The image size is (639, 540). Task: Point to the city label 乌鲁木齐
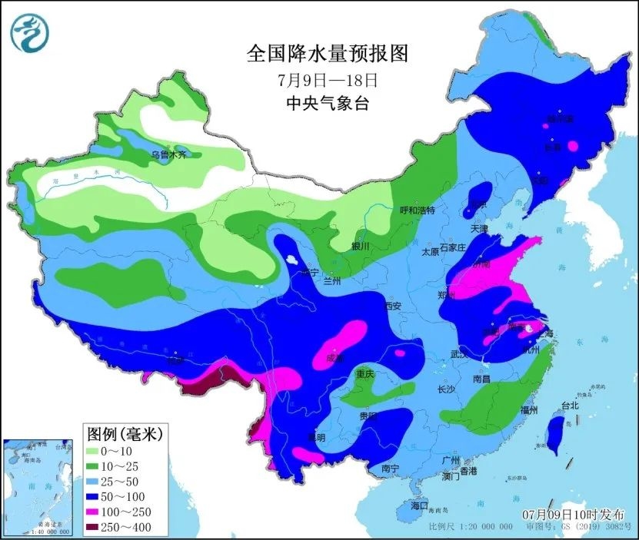click(x=167, y=155)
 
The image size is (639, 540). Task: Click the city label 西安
click(x=393, y=306)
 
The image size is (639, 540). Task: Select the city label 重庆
click(x=364, y=374)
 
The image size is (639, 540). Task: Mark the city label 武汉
click(x=459, y=354)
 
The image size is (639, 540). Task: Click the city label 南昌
click(x=482, y=379)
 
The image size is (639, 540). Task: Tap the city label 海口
click(x=418, y=506)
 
